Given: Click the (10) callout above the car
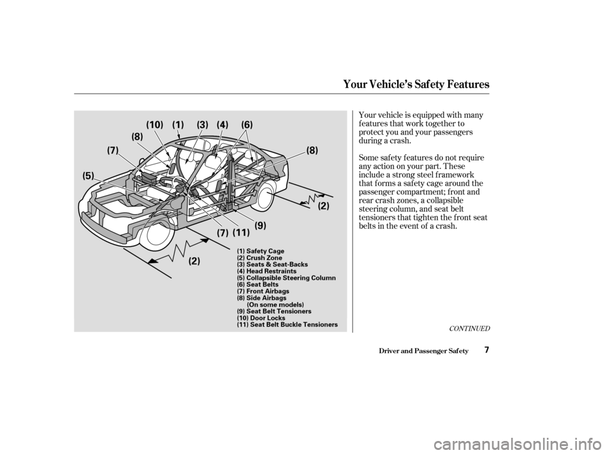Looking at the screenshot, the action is pyautogui.click(x=154, y=125).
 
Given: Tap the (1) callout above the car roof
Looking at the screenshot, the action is pyautogui.click(x=178, y=125).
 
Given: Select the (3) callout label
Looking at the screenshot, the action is pyautogui.click(x=203, y=125).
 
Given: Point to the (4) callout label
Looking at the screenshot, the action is pyautogui.click(x=222, y=125).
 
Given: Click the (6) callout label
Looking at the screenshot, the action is pyautogui.click(x=247, y=125).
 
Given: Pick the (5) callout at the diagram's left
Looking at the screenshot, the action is pyautogui.click(x=88, y=176).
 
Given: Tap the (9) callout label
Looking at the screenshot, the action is pyautogui.click(x=260, y=225).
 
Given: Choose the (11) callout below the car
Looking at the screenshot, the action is pyautogui.click(x=241, y=233).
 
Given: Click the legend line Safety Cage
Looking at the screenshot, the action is pyautogui.click(x=260, y=251).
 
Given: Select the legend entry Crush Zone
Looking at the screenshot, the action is pyautogui.click(x=259, y=257).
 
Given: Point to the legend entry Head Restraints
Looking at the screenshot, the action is pyautogui.click(x=266, y=271).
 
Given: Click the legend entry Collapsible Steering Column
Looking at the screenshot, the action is pyautogui.click(x=286, y=278).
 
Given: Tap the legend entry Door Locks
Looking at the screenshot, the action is pyautogui.click(x=261, y=318).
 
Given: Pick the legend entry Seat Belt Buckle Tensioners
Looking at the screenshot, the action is pyautogui.click(x=288, y=324).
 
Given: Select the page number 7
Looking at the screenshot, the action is pyautogui.click(x=486, y=350).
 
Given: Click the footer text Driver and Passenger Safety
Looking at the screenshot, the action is pyautogui.click(x=423, y=351).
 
